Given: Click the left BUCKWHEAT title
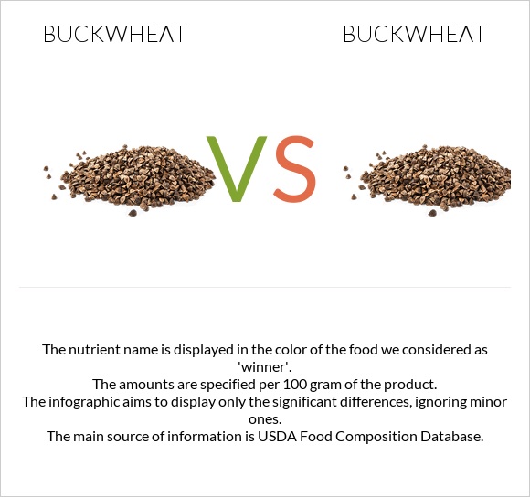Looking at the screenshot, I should click(x=115, y=35).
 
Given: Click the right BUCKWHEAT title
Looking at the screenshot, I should click(x=414, y=35).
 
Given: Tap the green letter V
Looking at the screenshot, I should click(x=238, y=169).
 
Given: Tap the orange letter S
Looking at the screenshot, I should click(x=294, y=170).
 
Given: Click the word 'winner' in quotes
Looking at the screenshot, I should click(x=264, y=366).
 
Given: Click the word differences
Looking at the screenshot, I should click(x=397, y=402).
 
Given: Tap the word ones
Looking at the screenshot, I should click(x=264, y=419).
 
